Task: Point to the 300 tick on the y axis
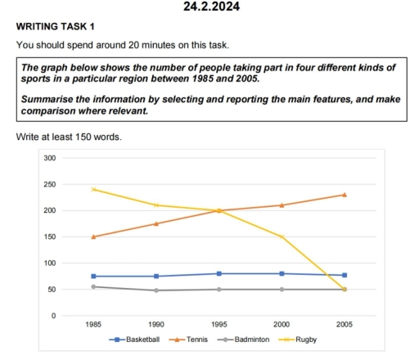50,158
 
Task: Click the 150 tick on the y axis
50,237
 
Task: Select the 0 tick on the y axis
53,316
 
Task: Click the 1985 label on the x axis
93,325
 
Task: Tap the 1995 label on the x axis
219,325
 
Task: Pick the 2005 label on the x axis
344,325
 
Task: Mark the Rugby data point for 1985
93,189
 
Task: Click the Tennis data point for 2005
344,195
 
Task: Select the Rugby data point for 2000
282,237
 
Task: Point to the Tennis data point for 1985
93,237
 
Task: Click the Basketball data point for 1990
156,277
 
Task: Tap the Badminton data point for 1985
93,286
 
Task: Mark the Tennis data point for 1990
156,223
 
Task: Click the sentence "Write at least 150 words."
69,136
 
